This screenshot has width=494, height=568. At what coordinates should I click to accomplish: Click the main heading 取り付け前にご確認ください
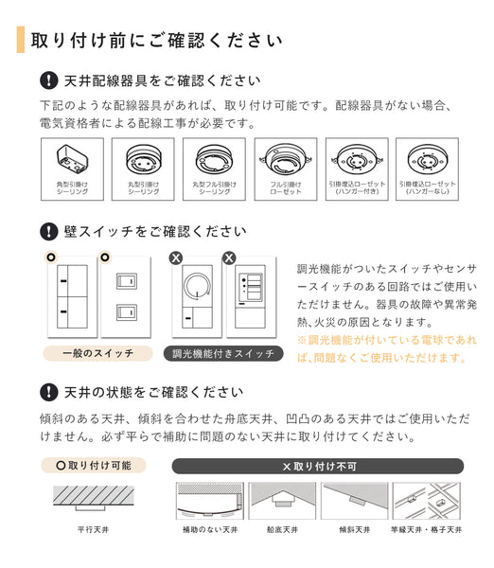pos(156,41)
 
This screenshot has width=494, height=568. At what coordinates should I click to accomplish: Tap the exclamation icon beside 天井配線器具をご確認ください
pos(48,81)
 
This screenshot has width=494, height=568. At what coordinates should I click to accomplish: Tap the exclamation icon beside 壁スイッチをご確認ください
pos(48,231)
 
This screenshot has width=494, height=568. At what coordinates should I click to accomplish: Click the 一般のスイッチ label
pos(97,353)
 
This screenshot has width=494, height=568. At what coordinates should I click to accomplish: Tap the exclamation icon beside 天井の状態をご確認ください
pos(48,392)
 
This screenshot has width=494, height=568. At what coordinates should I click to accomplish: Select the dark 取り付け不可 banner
pos(317,466)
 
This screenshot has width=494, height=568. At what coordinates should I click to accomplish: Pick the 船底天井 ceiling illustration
pos(281,498)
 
